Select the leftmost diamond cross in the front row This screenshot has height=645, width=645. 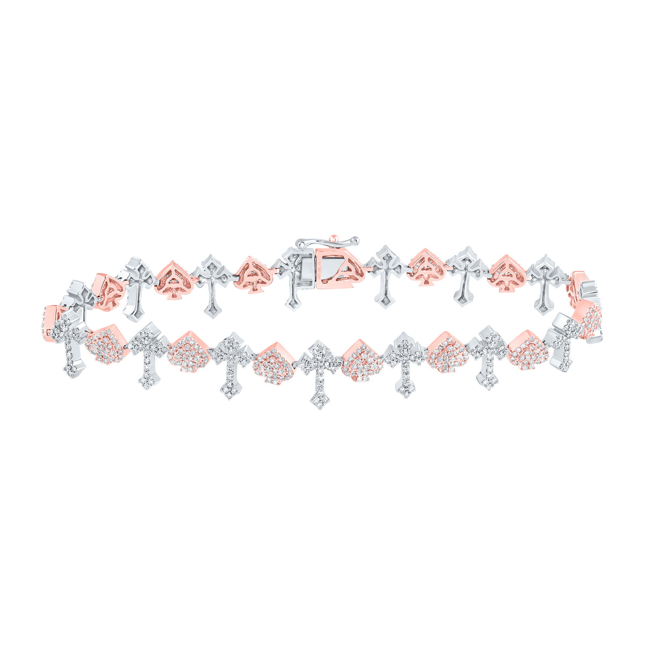(x=70, y=344)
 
